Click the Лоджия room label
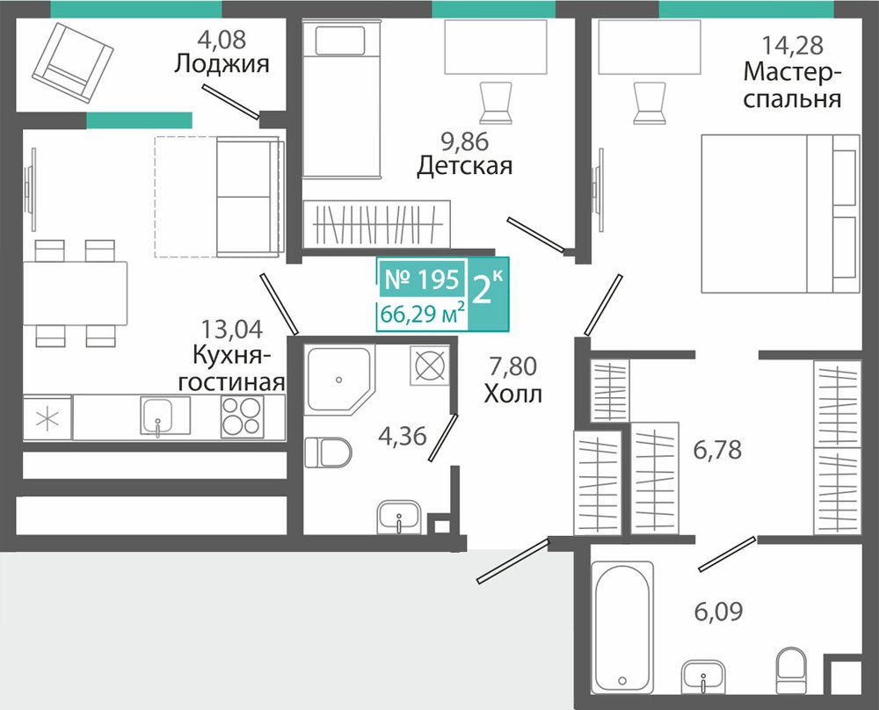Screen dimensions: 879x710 pyautogui.click(x=222, y=64)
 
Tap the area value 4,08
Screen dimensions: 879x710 pyautogui.click(x=222, y=40)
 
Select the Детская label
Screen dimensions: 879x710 pyautogui.click(x=465, y=166)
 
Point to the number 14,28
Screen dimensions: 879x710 pyautogui.click(x=792, y=46)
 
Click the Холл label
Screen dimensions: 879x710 pyautogui.click(x=513, y=394)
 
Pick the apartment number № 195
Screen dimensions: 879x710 pyautogui.click(x=423, y=279)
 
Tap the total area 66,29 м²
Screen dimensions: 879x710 pyautogui.click(x=423, y=313)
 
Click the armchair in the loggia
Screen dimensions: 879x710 pyautogui.click(x=73, y=62)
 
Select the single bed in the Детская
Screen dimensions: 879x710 pyautogui.click(x=342, y=98)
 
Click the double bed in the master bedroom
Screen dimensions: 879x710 pyautogui.click(x=781, y=214)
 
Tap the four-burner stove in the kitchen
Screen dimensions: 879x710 pyautogui.click(x=243, y=417)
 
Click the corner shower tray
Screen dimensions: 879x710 pyautogui.click(x=339, y=380)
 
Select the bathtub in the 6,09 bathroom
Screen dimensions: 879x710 pyautogui.click(x=623, y=627)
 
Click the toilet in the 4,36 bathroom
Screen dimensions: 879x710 pyautogui.click(x=329, y=453)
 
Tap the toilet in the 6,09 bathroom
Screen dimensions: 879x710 pyautogui.click(x=791, y=670)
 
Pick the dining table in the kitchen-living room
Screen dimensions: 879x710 pyautogui.click(x=75, y=293)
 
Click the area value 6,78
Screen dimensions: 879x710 pyautogui.click(x=717, y=449)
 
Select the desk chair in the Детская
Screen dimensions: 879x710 pyautogui.click(x=496, y=103)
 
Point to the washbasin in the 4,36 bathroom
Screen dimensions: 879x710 pyautogui.click(x=398, y=517)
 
